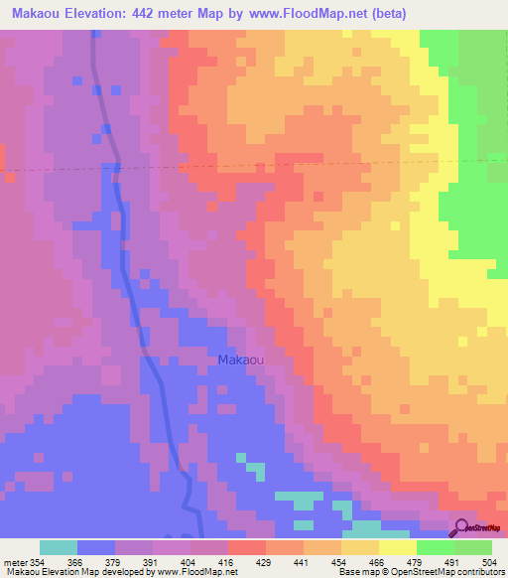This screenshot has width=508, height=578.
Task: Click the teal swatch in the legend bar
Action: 59,547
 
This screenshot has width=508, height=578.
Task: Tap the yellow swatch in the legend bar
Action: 397,547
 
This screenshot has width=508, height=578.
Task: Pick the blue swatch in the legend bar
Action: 96,547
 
